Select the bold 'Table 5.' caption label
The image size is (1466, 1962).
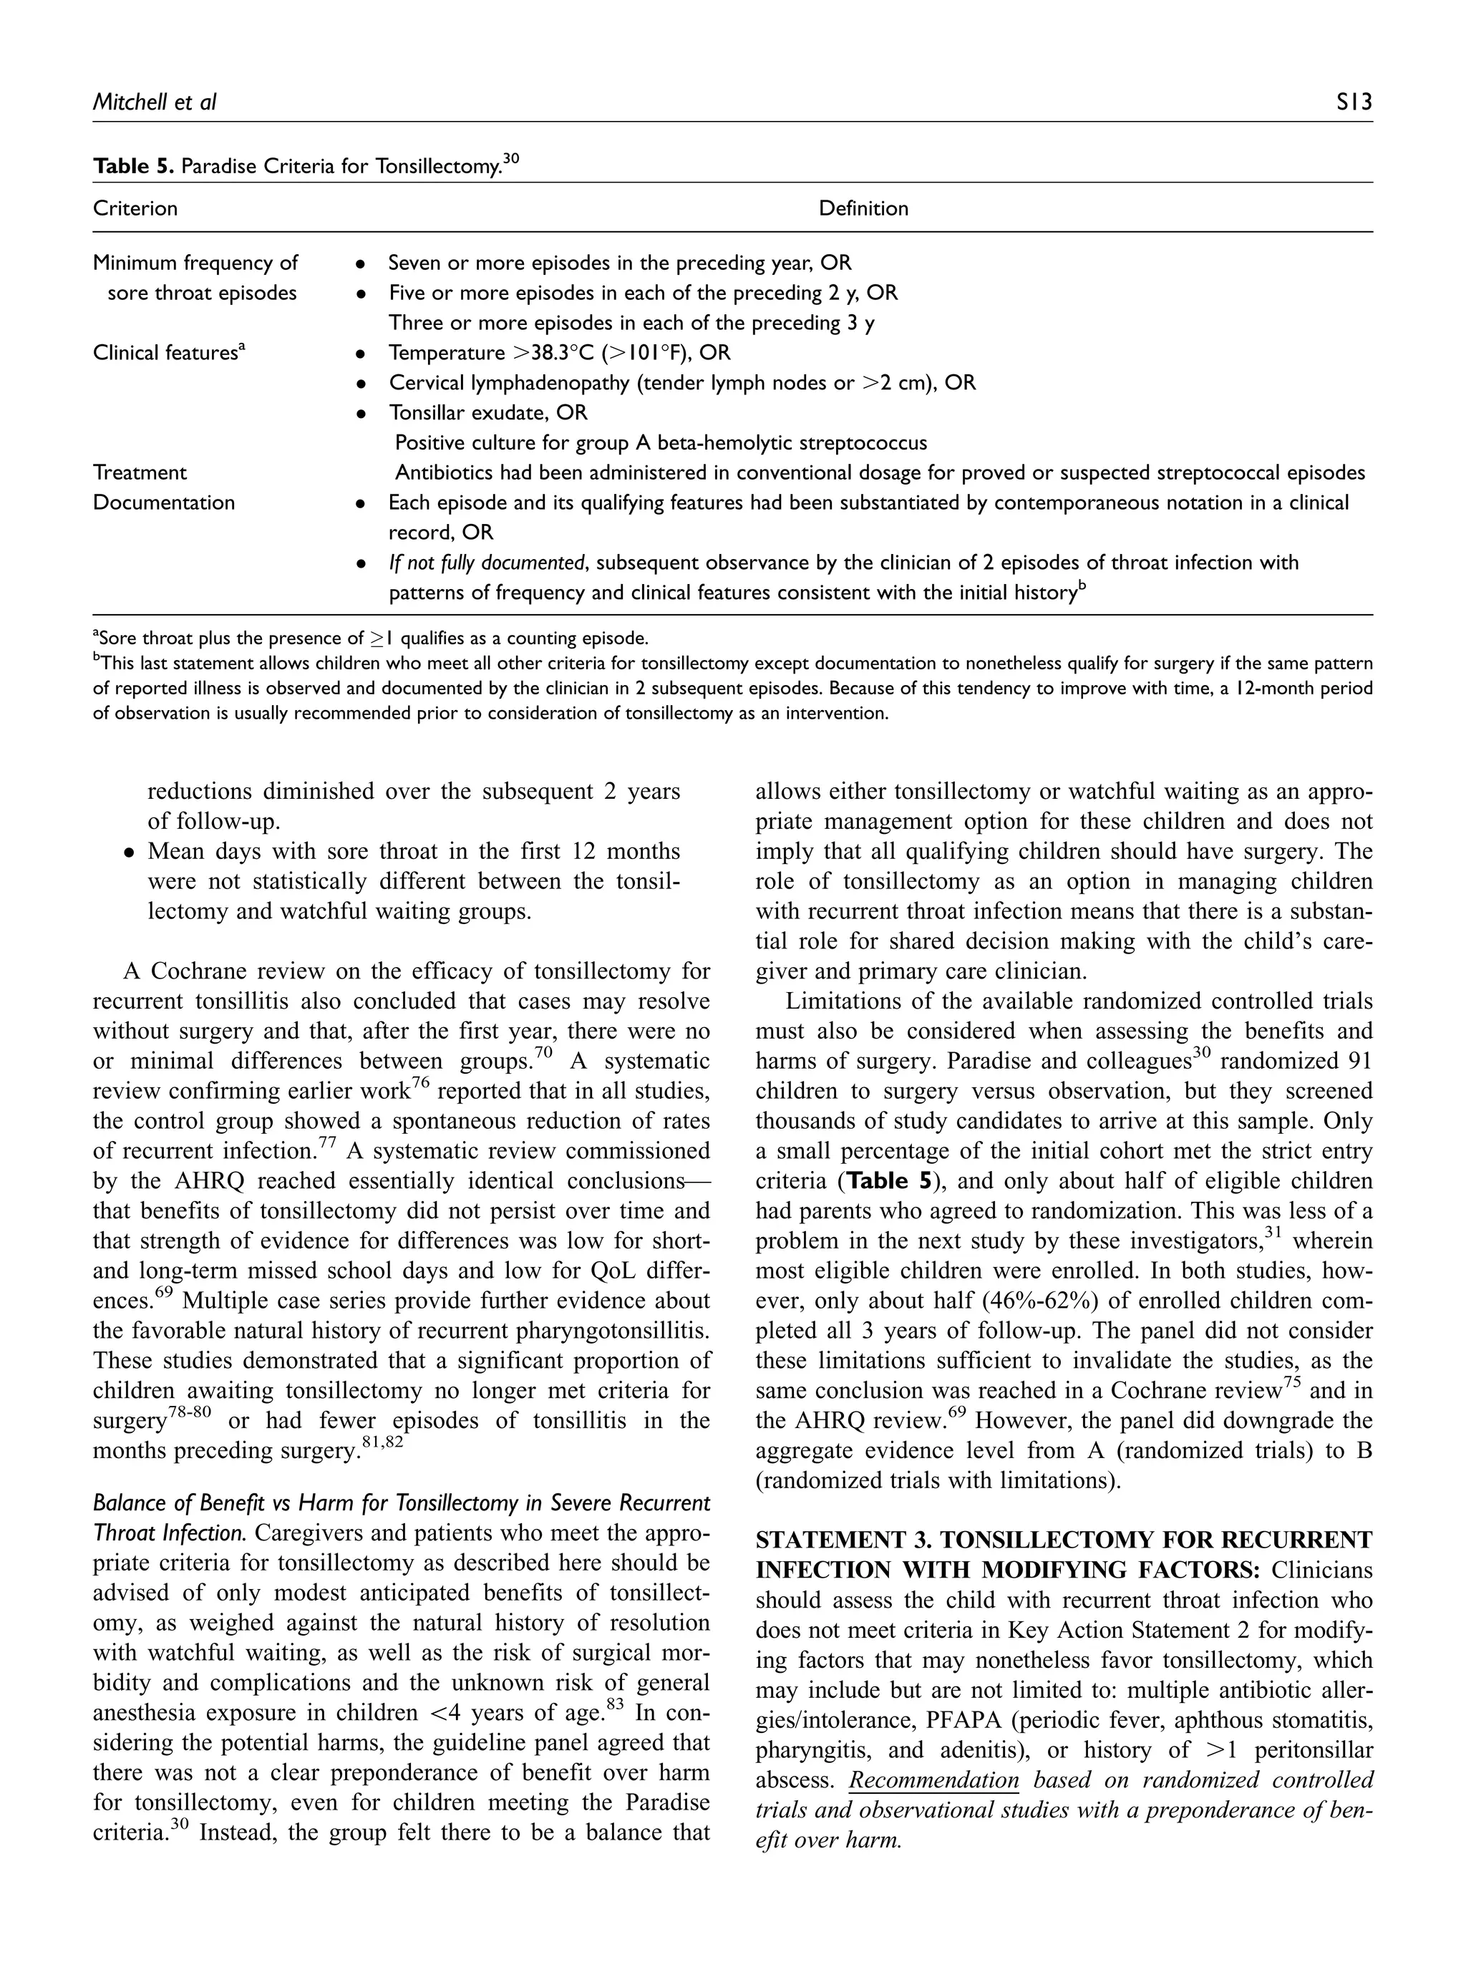pos(133,166)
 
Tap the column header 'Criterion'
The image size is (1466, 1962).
pos(135,208)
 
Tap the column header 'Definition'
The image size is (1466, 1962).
pos(863,208)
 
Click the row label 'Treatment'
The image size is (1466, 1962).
pos(140,472)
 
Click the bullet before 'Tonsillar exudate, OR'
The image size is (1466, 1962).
pos(360,413)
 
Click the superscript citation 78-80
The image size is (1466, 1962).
pos(190,1413)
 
